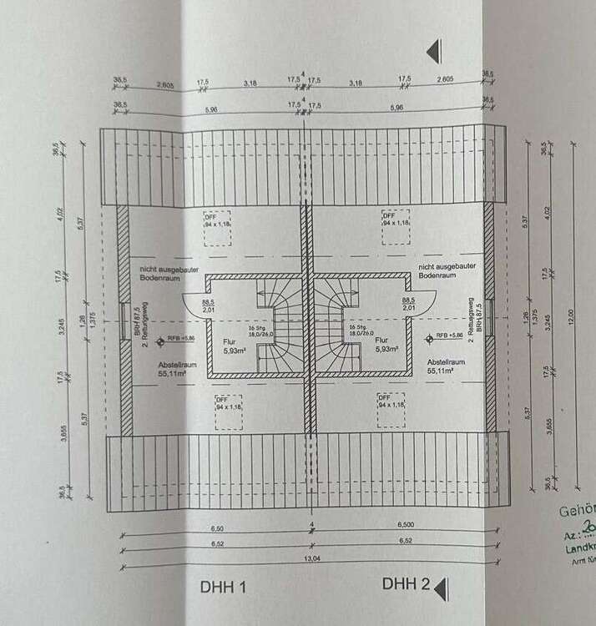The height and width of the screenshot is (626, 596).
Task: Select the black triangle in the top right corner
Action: (x=432, y=53)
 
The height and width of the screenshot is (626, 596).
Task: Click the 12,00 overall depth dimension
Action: (x=570, y=317)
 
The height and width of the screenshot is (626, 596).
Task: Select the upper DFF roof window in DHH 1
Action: (x=220, y=228)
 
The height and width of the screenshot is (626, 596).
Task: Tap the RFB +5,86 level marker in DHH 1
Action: (x=169, y=339)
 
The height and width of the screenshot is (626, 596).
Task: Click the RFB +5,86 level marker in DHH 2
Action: (x=446, y=339)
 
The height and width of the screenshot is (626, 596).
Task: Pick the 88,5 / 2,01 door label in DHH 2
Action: (x=408, y=304)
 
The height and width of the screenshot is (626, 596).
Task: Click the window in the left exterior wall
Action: (x=124, y=321)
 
